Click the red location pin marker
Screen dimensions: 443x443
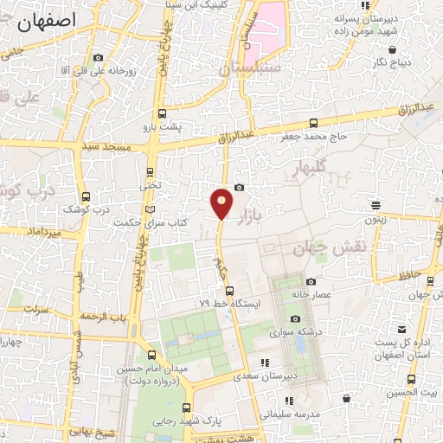tap(221, 204)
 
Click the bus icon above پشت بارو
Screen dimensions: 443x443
tap(161, 113)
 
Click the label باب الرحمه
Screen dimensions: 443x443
tap(103, 317)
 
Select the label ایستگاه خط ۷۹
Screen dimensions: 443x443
tap(228, 304)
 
